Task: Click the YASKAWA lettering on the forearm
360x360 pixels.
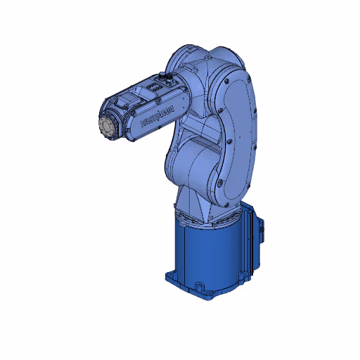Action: click(x=157, y=115)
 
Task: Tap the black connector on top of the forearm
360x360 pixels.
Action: click(x=167, y=74)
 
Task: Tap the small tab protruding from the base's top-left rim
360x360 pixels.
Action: click(x=175, y=210)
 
